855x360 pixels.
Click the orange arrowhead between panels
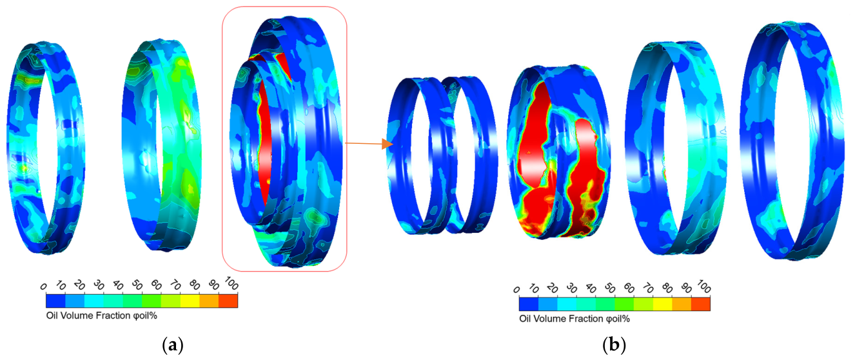click(388, 144)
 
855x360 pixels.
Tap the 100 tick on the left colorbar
click(231, 283)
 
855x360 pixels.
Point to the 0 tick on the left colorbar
click(43, 286)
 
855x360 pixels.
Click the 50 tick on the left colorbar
click(137, 285)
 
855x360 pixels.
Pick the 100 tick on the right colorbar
click(704, 286)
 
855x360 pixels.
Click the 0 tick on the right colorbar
click(516, 290)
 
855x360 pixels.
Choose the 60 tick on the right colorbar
click(629, 288)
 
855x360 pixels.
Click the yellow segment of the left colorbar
click(190, 301)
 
